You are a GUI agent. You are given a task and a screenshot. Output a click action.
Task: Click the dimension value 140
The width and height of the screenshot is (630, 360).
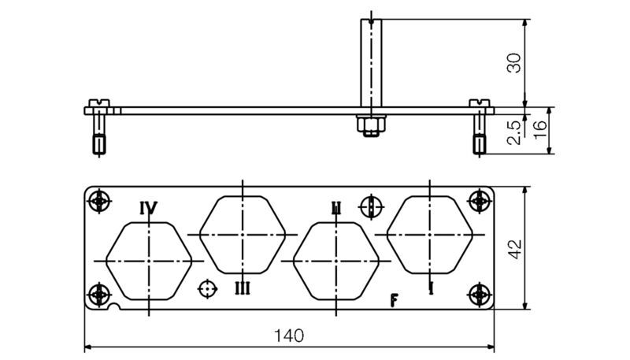[288, 336]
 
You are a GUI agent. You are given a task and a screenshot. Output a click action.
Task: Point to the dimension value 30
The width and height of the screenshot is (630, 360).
[514, 64]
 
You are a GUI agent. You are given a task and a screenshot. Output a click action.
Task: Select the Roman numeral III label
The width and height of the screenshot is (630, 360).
[243, 288]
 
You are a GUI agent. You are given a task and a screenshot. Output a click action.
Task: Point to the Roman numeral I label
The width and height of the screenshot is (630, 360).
[431, 288]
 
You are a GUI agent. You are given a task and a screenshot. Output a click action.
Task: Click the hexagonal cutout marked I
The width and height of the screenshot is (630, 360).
[430, 234]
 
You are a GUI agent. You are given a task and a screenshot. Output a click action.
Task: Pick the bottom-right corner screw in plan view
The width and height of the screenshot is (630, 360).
[480, 295]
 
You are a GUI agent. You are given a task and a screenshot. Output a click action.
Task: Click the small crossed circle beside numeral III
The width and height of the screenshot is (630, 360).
[206, 289]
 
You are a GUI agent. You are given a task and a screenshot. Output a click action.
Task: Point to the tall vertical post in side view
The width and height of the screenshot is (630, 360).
[369, 63]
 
